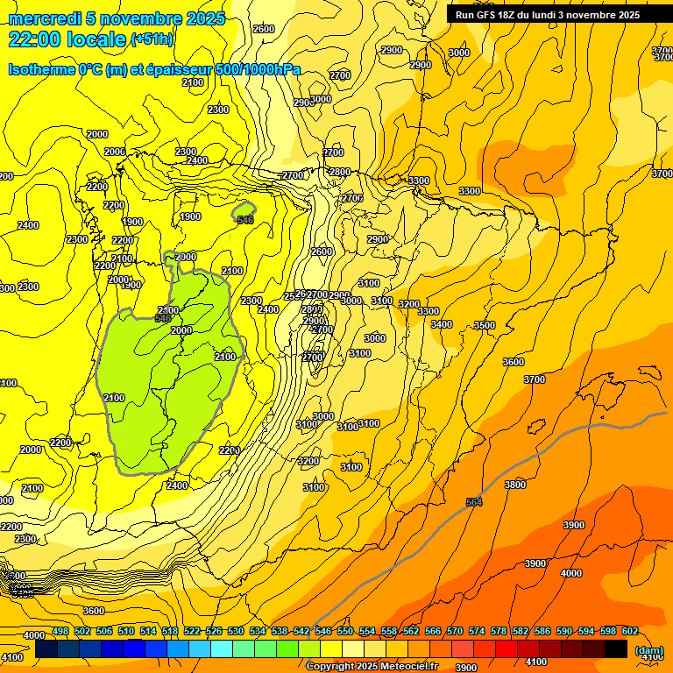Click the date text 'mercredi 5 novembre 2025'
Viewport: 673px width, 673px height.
point(117,18)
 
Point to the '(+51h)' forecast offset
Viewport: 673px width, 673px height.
point(152,39)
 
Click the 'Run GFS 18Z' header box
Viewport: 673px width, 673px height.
point(547,14)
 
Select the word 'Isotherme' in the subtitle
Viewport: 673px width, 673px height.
point(40,69)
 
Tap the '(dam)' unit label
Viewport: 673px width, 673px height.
point(648,650)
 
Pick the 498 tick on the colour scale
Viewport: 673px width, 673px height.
point(60,631)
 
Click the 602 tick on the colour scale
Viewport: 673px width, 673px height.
point(631,631)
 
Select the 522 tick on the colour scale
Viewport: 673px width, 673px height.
point(192,631)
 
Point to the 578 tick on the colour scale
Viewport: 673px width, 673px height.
point(499,631)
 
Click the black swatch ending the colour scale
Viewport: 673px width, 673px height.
point(616,648)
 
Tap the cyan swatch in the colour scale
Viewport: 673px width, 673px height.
point(222,648)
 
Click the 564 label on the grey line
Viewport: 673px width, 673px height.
point(474,502)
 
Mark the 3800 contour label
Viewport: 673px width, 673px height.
point(515,485)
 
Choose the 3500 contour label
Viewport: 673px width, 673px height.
point(485,325)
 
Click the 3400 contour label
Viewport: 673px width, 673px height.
point(442,324)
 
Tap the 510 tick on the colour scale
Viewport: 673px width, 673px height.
point(126,631)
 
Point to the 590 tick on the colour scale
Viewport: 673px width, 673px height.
point(564,631)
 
